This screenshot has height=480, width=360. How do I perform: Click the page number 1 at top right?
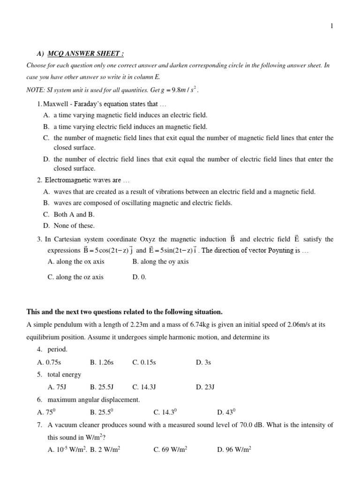tap(332, 26)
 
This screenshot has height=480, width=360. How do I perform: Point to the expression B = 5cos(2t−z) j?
tap(108, 250)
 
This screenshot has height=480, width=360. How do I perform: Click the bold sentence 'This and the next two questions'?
tap(124, 312)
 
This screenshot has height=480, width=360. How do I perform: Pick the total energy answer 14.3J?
tap(144, 387)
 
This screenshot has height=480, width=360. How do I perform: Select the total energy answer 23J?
tap(206, 387)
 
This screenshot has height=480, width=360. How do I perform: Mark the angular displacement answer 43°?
tap(226, 412)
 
